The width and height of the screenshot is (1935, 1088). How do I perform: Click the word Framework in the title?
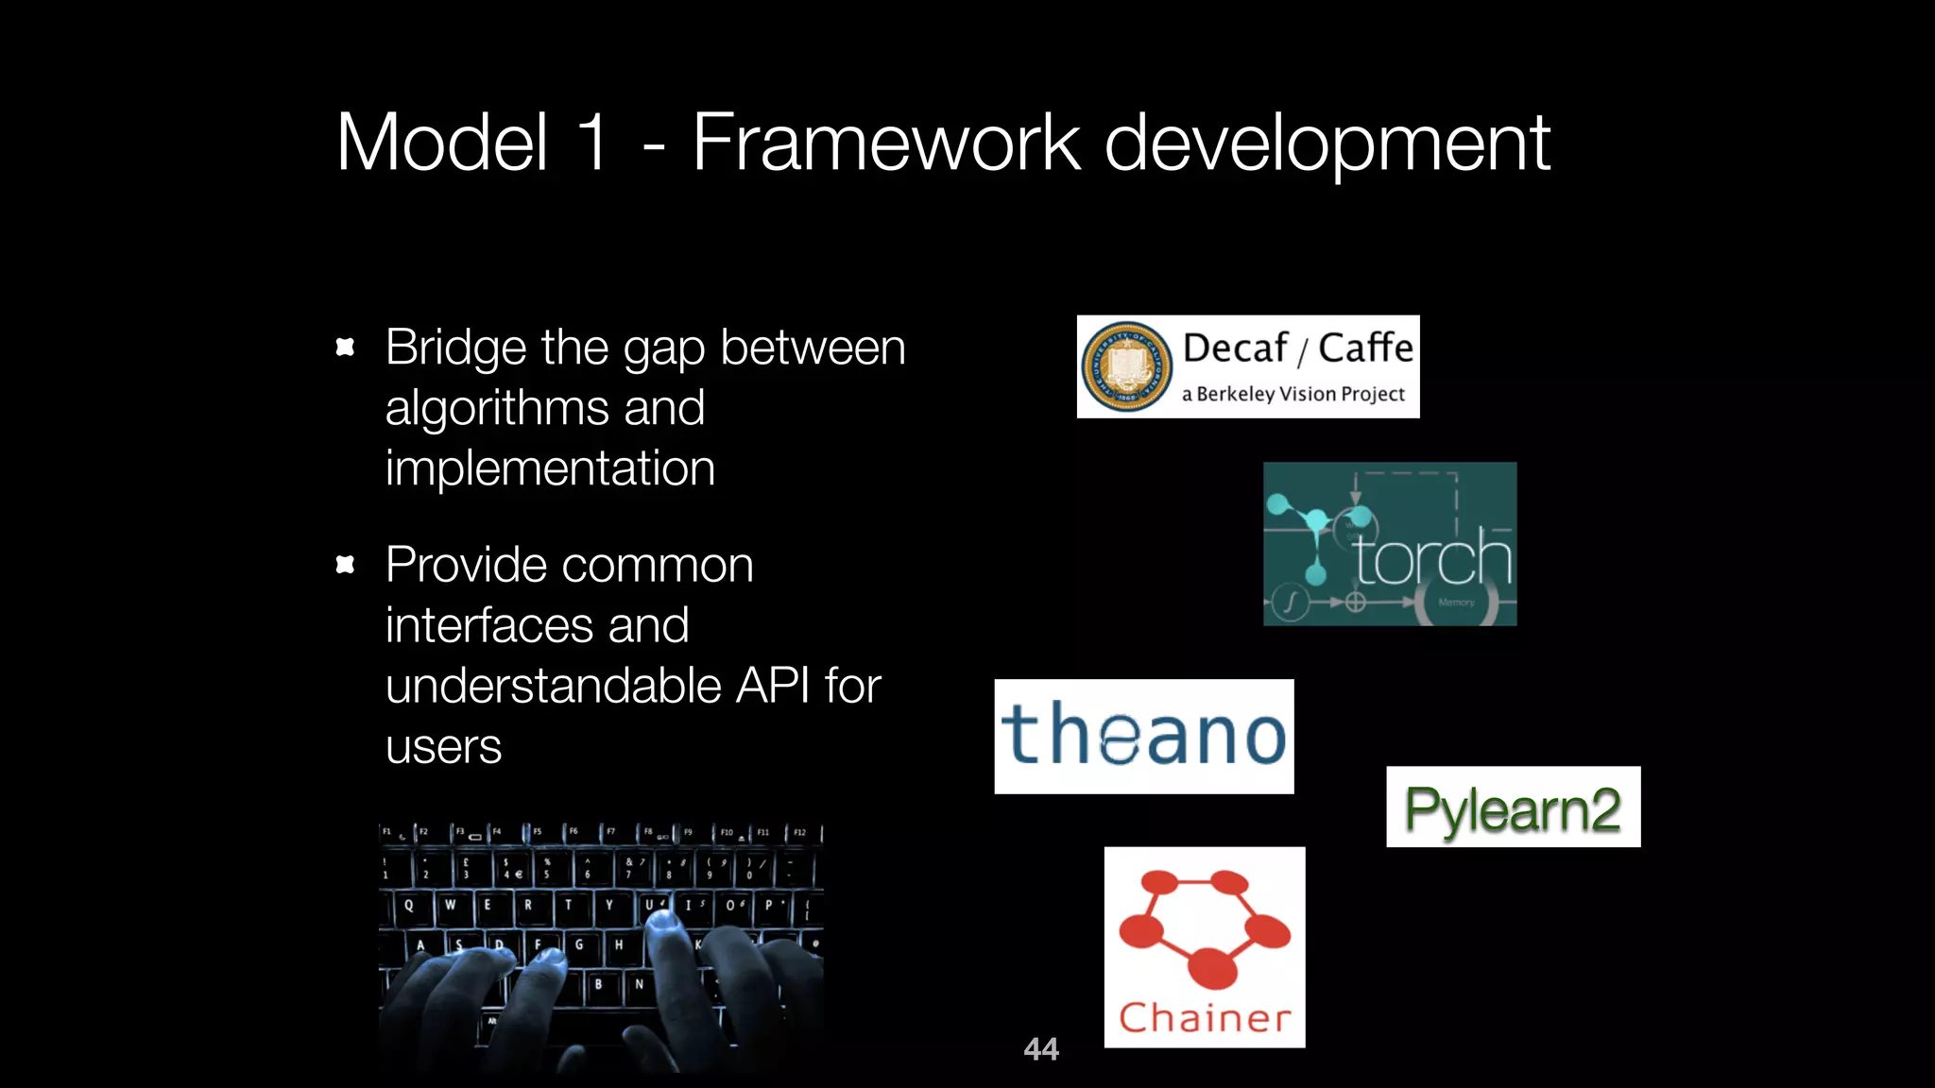(x=885, y=143)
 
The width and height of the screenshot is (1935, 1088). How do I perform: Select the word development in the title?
(x=1327, y=144)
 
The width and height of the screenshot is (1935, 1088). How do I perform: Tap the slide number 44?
(x=1040, y=1048)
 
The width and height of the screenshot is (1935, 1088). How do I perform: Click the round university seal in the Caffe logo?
(x=1125, y=367)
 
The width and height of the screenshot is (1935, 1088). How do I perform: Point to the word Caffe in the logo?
(x=1365, y=348)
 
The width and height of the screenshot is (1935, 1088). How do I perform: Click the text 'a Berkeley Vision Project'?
(x=1293, y=394)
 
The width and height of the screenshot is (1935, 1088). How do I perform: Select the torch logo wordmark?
(x=1431, y=559)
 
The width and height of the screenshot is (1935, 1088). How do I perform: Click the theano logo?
(x=1143, y=736)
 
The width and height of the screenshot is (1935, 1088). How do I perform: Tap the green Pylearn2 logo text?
(x=1513, y=808)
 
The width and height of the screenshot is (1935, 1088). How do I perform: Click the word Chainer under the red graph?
(x=1205, y=1018)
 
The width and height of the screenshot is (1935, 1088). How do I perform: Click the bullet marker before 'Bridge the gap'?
(x=345, y=348)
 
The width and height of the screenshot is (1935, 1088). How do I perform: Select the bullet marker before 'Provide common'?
(x=345, y=565)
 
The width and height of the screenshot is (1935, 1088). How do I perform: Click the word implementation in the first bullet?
(x=550, y=468)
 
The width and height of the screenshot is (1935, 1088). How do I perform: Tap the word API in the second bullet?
(x=772, y=686)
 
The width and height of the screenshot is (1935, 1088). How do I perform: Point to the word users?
(x=443, y=747)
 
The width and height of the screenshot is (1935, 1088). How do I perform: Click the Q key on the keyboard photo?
(x=408, y=905)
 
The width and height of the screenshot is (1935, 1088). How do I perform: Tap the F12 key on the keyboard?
(x=799, y=833)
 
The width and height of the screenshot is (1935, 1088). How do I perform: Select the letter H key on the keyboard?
(x=619, y=943)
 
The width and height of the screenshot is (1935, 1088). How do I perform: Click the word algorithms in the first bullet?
(x=496, y=408)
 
